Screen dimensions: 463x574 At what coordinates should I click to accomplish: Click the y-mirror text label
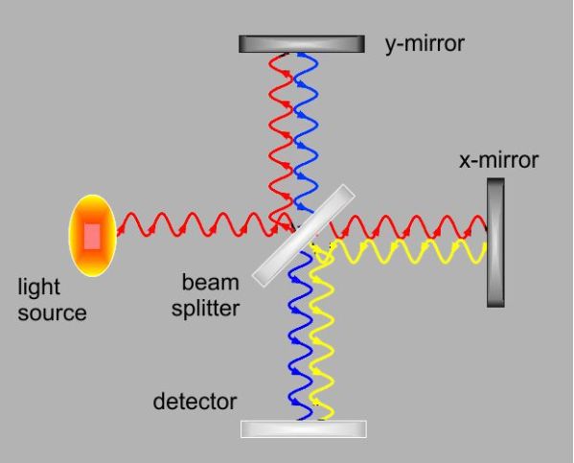[x=425, y=44]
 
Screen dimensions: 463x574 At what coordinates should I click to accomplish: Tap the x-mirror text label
[x=498, y=160]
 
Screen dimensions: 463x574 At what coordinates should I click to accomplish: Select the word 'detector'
[x=195, y=401]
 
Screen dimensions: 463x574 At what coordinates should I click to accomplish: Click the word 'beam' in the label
[x=209, y=283]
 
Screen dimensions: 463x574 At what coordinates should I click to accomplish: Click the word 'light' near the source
[x=38, y=287]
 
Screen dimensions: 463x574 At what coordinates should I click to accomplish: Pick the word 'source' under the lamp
[x=52, y=313]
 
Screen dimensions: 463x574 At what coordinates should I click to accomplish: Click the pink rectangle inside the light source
[x=92, y=235]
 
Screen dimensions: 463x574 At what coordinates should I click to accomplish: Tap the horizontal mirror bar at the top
[x=301, y=44]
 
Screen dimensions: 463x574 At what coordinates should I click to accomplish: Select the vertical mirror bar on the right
[x=494, y=242]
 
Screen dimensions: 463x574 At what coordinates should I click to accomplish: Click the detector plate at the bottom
[x=303, y=428]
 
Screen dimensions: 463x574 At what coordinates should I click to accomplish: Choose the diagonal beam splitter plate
[x=303, y=235]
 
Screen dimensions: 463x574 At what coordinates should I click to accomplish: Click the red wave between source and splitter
[x=192, y=226]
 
